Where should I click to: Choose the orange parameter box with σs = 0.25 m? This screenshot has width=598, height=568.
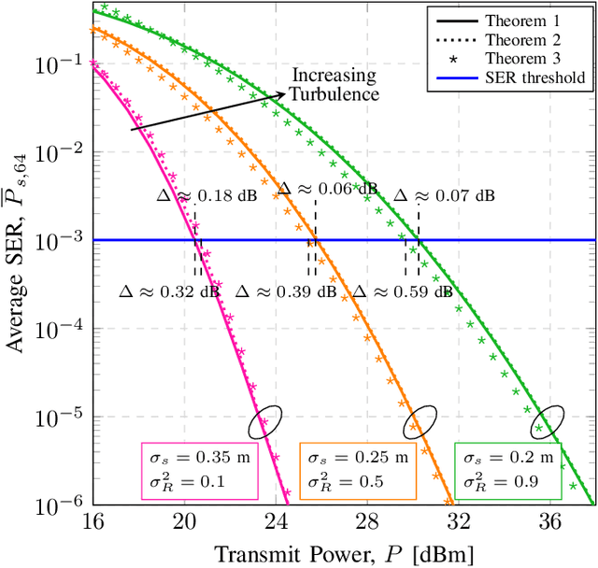point(356,469)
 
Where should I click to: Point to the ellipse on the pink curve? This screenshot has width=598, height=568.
point(265,423)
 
